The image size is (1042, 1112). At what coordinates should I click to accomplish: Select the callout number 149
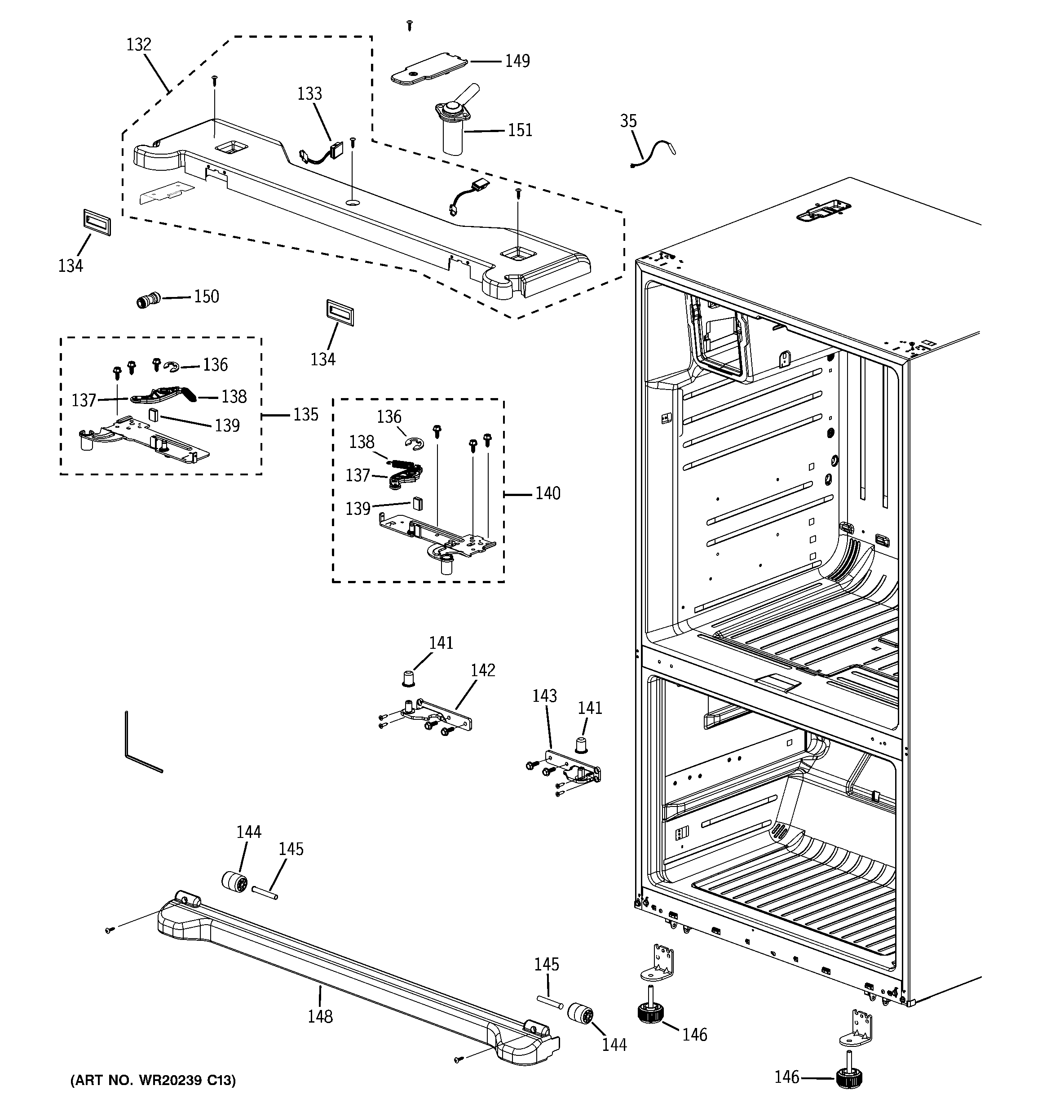click(517, 61)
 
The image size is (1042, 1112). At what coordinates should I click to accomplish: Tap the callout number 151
click(520, 130)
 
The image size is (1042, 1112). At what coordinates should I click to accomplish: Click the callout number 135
click(305, 415)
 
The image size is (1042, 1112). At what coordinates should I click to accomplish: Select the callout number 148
click(320, 1016)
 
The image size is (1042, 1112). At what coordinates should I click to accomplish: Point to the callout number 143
click(544, 696)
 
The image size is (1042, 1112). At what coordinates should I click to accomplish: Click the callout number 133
click(309, 93)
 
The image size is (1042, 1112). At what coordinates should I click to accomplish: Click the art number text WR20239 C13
click(153, 1081)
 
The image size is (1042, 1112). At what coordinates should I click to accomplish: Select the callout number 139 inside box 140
click(358, 509)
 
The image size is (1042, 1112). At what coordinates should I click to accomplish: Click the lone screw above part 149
click(410, 25)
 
